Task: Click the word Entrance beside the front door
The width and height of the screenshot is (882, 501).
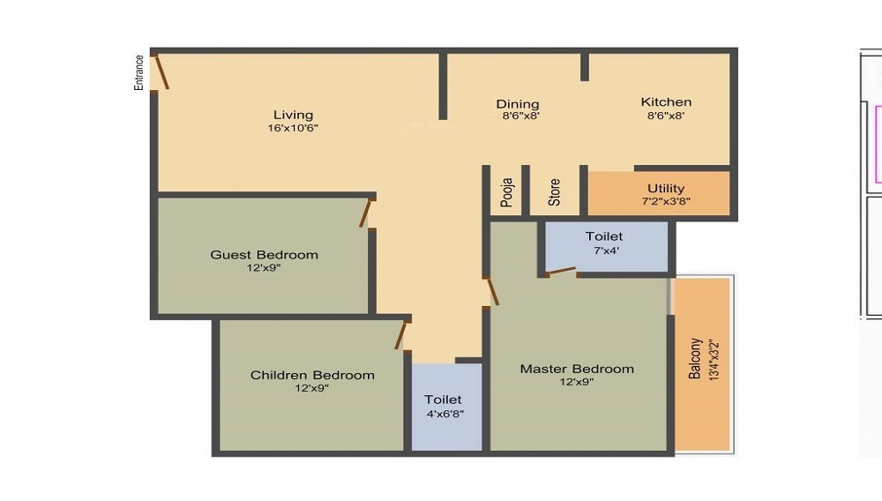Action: point(138,72)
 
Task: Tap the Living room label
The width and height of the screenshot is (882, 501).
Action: point(293,115)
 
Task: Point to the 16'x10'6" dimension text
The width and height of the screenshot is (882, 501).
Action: point(293,129)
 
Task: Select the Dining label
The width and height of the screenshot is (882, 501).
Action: point(517,104)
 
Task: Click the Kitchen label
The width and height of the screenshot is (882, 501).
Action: point(666,102)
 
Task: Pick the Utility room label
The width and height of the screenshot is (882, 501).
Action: point(666,188)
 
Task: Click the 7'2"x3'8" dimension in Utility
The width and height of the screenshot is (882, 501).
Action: point(666,201)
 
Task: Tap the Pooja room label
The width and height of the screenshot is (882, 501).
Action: point(506,192)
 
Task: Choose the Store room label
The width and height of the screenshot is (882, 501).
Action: point(554,192)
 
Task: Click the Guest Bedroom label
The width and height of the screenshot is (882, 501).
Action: point(264,255)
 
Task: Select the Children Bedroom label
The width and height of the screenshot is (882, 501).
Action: point(312,375)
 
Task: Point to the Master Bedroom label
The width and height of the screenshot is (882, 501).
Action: point(577,369)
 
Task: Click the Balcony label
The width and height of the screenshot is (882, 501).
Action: point(696,358)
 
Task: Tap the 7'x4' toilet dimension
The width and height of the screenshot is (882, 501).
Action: point(604,250)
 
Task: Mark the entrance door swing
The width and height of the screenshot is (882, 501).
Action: point(161,71)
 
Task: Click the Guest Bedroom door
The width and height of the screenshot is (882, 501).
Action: point(366,213)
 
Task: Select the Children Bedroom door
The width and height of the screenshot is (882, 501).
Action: point(401,335)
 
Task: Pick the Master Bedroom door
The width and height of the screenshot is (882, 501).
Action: point(492,291)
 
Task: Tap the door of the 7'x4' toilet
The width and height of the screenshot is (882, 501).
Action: point(561,271)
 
